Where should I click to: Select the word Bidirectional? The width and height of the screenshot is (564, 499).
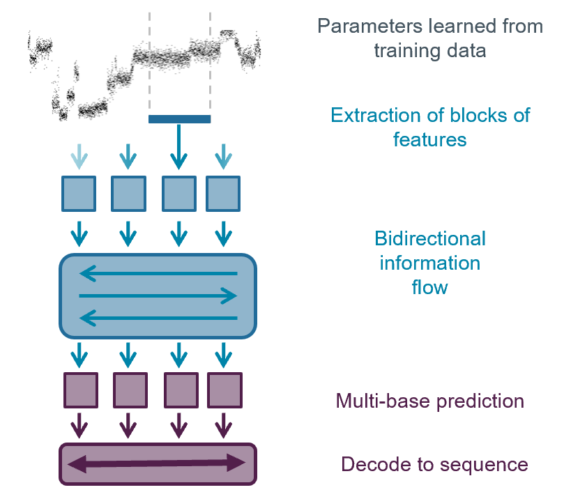429,239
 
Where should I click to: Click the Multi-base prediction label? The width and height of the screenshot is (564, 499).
429,401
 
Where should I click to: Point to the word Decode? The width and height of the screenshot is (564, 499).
369,464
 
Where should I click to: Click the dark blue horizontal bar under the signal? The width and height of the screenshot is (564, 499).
179,119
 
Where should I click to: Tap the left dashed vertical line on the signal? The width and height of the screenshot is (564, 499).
149,63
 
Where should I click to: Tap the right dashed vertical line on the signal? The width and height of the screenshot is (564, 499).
210,63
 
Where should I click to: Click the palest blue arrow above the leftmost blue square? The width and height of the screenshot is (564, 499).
79,156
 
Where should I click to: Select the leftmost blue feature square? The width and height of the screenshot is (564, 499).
79,194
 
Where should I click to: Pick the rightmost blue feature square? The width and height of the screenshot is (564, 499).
223,194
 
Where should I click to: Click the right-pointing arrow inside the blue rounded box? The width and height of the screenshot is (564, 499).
158,297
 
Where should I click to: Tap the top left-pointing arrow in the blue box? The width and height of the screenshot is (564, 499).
158,274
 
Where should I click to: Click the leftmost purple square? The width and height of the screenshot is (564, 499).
81,390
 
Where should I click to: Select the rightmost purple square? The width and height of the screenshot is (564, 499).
224,390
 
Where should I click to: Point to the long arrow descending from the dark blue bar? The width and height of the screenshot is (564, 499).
179,146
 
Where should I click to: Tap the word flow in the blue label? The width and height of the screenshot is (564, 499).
429,286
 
